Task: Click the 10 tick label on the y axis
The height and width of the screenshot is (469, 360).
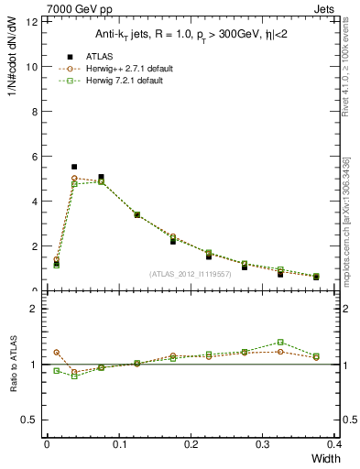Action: pos(34,67)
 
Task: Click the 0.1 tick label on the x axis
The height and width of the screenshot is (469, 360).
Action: pos(118,444)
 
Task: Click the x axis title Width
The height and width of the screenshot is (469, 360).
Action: pos(324,459)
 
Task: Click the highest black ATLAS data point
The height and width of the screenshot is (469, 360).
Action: pos(74,167)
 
